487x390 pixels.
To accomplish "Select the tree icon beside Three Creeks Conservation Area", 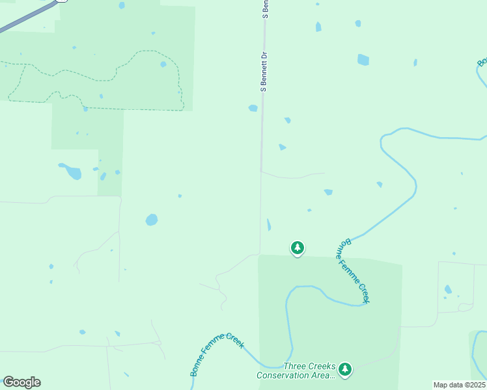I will [x=344, y=370].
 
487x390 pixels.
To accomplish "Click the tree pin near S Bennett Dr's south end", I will [x=298, y=248].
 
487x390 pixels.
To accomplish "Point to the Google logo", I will [x=21, y=382].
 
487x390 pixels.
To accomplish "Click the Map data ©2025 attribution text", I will [x=459, y=385].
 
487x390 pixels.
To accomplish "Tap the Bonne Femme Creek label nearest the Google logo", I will [x=217, y=354].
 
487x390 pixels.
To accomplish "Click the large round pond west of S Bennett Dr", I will [x=152, y=220].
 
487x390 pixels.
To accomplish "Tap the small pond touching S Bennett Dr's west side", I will [x=253, y=108].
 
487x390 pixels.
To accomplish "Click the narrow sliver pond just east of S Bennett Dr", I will [x=269, y=225].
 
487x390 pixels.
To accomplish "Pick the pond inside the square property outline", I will [x=448, y=289].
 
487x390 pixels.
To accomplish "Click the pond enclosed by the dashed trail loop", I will [x=163, y=64].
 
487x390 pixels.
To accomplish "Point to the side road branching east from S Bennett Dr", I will [x=293, y=175].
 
